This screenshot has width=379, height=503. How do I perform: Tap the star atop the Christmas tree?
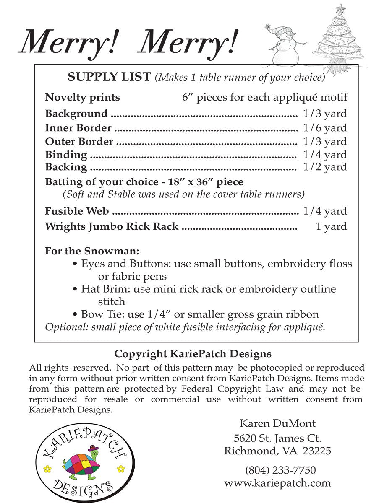pos(341,8)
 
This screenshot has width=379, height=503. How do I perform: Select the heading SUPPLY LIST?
pos(109,77)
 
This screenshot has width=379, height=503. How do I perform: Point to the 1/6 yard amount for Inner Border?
pos(325,127)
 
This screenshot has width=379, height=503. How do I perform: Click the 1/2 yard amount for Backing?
pos(325,167)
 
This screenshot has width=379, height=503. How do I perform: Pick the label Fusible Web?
pos(77,211)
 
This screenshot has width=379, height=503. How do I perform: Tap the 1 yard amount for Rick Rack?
pos(332,226)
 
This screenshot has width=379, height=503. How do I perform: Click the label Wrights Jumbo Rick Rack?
pos(112,226)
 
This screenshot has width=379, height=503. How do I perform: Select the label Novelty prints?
pos(82,97)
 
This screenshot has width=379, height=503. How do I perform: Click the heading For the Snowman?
pos(92,251)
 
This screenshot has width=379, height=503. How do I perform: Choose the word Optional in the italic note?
pos(63,327)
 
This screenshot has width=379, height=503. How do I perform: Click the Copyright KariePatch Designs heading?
pos(193,353)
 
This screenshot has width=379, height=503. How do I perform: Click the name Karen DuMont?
pos(277,423)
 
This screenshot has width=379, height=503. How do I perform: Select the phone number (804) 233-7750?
pos(280,470)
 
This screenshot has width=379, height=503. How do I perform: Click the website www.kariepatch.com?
pos(277,482)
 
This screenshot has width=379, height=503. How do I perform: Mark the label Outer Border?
pos(79,141)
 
